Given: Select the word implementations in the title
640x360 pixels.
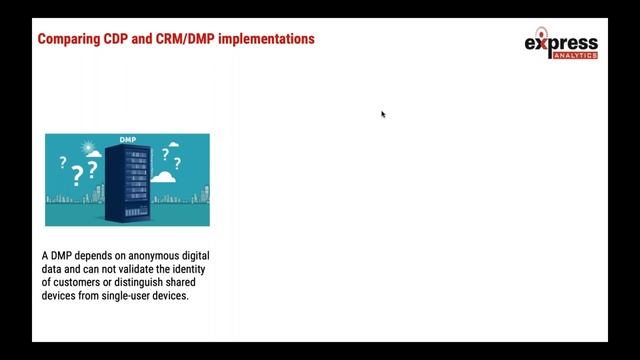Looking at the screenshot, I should (265, 39).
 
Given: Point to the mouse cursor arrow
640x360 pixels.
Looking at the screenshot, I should (383, 114).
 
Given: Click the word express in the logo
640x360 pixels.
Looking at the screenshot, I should (561, 44).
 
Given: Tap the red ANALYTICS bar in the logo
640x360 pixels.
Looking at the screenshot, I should (575, 56).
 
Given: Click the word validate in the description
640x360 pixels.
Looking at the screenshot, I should (136, 270).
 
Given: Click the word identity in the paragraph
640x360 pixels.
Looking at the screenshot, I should (186, 270).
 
